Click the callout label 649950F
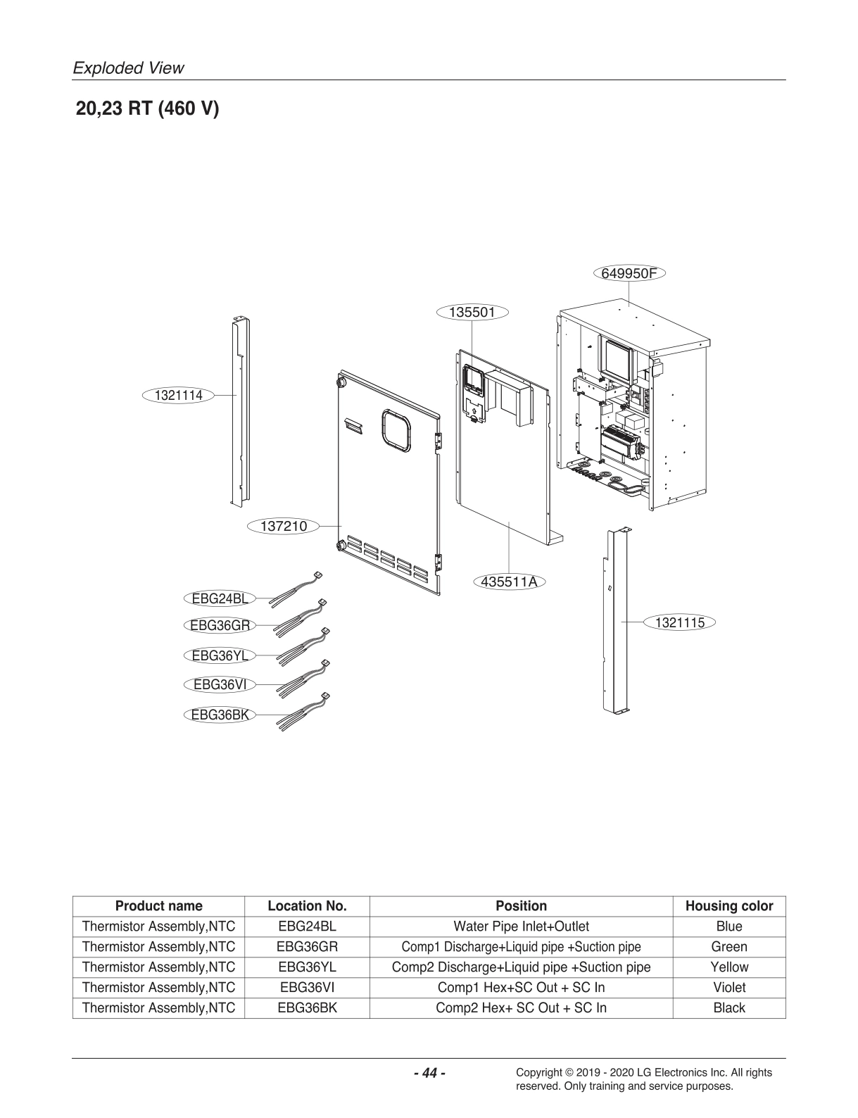pyautogui.click(x=629, y=273)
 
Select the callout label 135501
pyautogui.click(x=472, y=311)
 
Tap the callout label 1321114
pyautogui.click(x=179, y=395)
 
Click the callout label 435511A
pyautogui.click(x=510, y=582)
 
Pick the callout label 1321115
pyautogui.click(x=679, y=622)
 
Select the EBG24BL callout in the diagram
pyautogui.click(x=220, y=598)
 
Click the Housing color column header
pyautogui.click(x=728, y=906)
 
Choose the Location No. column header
pyautogui.click(x=307, y=906)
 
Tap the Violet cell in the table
pyautogui.click(x=728, y=987)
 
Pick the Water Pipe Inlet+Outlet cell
pyautogui.click(x=521, y=926)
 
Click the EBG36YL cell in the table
pyautogui.click(x=307, y=967)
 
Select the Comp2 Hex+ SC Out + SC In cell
pyautogui.click(x=521, y=1007)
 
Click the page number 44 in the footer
pyautogui.click(x=429, y=1073)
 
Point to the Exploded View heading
pyautogui.click(x=129, y=68)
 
